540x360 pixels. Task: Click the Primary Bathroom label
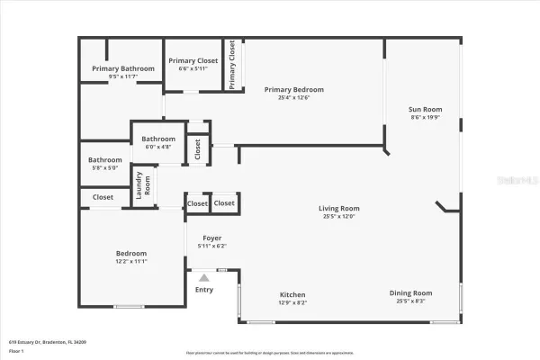pos(120,68)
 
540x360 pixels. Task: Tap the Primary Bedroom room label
pos(293,89)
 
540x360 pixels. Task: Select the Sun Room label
pos(427,109)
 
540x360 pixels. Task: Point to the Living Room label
pos(338,209)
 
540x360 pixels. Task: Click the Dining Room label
pos(410,292)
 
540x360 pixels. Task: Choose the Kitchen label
pos(292,294)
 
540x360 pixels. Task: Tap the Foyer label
pos(211,238)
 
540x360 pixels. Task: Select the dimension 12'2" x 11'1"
pos(131,261)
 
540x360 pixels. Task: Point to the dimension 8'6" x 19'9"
pos(427,117)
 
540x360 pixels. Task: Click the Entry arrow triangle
pos(204,278)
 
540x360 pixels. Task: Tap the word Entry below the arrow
pos(204,289)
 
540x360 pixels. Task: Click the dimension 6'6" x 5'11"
pos(192,68)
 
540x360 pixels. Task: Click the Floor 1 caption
pos(17,350)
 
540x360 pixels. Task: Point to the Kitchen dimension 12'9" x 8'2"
pos(292,302)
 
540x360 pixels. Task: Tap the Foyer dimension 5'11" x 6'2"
pos(211,246)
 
